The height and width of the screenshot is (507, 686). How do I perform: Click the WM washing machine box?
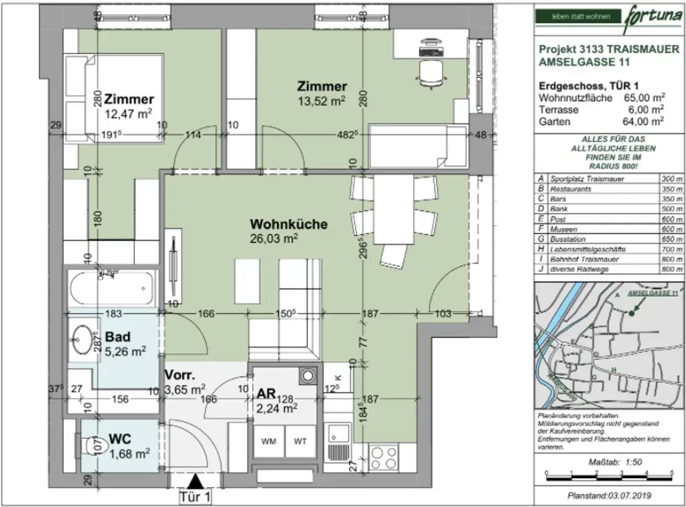[x=269, y=441]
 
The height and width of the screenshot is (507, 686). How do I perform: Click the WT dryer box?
[x=299, y=441]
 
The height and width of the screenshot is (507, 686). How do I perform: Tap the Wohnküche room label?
[x=289, y=224]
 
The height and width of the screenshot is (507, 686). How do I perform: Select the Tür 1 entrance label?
[x=196, y=498]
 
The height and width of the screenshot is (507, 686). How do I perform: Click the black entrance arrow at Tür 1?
[x=196, y=481]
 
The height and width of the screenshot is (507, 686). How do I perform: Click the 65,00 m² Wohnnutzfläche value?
[x=642, y=97]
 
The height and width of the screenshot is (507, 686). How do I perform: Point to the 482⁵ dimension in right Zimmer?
[x=344, y=135]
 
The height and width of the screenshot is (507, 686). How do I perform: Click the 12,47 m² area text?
[x=129, y=114]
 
